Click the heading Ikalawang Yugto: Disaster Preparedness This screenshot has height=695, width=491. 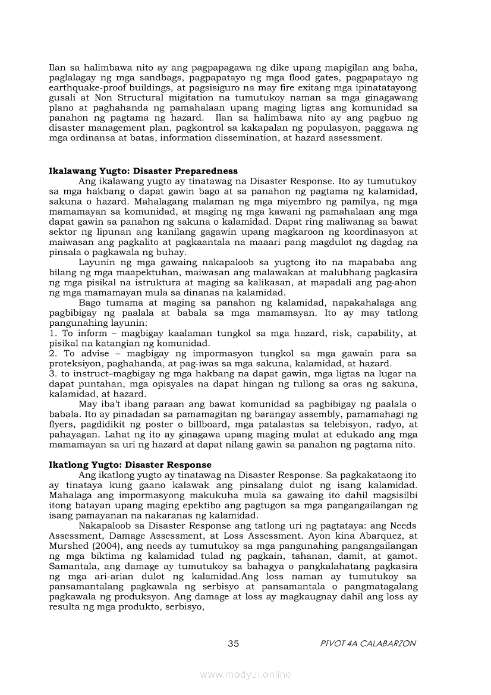143,171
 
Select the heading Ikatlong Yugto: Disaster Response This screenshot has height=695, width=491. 130,464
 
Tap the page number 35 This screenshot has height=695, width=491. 234,643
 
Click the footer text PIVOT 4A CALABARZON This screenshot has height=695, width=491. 367,643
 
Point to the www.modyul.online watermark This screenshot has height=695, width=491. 245,674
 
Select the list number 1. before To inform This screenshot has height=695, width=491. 52,334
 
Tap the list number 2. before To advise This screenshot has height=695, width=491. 52,353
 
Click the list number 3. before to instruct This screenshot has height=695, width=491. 52,373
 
